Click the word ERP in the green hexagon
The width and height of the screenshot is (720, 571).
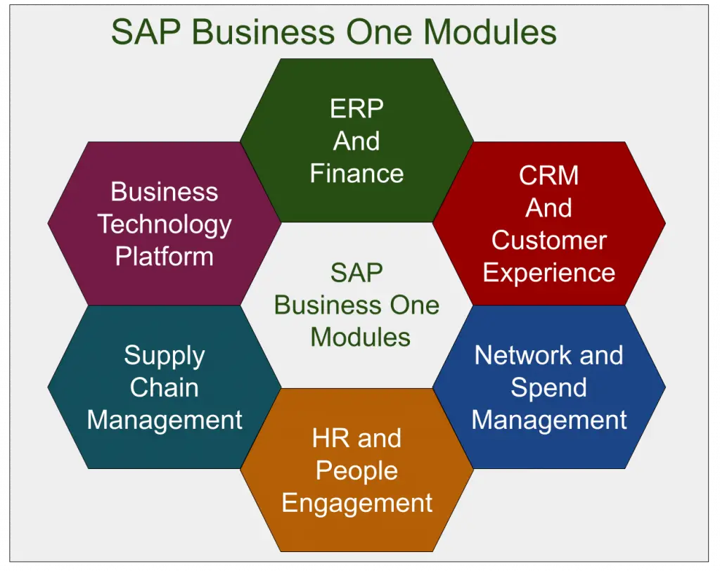coord(356,109)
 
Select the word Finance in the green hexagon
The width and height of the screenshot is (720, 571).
coord(356,174)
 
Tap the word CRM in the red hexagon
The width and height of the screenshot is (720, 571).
coord(548,176)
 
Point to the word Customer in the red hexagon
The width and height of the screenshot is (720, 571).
coord(548,240)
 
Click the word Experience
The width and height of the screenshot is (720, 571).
coord(548,273)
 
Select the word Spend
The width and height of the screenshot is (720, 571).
coord(548,388)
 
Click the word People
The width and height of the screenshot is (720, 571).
coord(356,471)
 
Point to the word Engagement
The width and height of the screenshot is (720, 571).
coord(356,503)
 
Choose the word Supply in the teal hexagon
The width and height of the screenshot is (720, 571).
coord(165,356)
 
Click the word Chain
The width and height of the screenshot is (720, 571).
coord(165,387)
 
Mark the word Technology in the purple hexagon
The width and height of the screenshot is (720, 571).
coord(165,224)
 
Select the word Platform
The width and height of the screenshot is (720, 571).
coord(165,257)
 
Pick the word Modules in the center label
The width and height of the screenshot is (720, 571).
coord(360,338)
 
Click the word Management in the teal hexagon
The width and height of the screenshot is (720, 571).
coord(165,420)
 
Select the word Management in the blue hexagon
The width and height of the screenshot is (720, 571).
coord(548,421)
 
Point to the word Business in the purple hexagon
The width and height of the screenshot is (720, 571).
coord(165,192)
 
